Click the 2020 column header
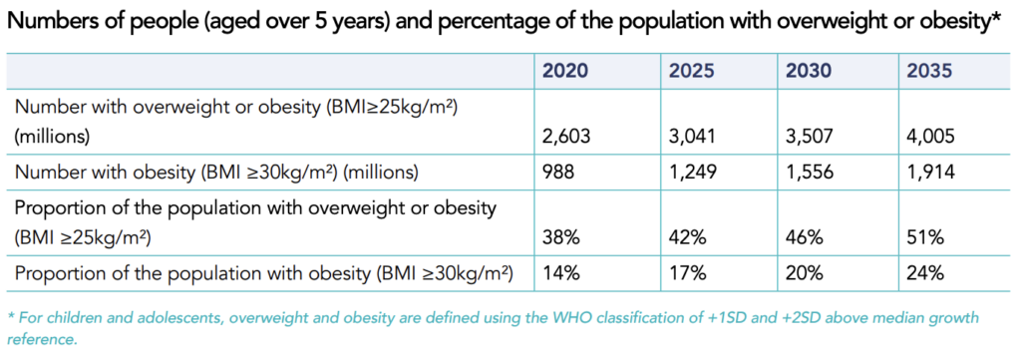(565, 71)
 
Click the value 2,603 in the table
(566, 138)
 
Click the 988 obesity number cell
(558, 172)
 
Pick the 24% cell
(917, 273)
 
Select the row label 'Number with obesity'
(116, 173)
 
